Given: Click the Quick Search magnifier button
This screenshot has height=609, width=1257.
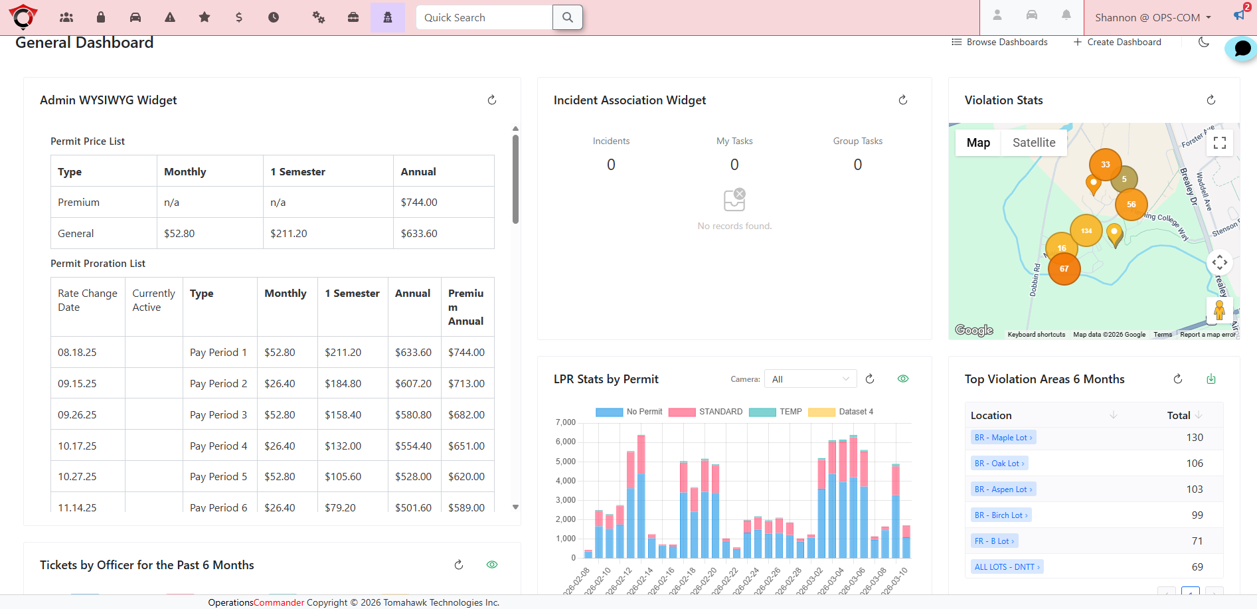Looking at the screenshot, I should pos(567,17).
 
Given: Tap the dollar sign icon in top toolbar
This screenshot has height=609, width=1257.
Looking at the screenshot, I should pos(239,17).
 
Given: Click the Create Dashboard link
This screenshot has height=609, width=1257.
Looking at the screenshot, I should pos(1118,42).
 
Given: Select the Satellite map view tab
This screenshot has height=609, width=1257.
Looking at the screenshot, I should pos(1033,143).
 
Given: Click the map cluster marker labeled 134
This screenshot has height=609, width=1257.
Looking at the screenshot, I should pos(1086,230).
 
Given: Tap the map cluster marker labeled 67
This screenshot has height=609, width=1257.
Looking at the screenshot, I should pos(1064,269).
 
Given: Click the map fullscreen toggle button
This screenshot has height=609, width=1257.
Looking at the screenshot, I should pos(1219,143).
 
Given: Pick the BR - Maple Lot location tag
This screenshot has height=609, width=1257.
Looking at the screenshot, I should pos(1003,438).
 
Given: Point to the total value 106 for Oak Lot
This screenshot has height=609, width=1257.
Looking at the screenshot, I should pos(1194,464).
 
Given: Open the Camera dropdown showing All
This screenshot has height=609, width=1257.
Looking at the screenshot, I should pos(810,379).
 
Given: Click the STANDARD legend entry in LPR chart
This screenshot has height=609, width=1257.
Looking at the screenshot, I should pos(706,412).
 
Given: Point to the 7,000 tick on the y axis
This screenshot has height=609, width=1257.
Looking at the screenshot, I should pos(565,422).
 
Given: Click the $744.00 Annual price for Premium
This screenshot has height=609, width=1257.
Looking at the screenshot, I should pos(419,203).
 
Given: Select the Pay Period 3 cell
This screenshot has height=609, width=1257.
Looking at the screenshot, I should pos(218,415).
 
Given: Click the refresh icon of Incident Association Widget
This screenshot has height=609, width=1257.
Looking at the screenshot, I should pos(902,100).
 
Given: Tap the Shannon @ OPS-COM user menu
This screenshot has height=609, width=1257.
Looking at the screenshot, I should pos(1153,18).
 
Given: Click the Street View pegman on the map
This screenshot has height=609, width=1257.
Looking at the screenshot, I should pos(1218,310).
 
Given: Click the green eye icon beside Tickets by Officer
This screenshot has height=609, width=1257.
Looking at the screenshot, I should pos(492,565).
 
